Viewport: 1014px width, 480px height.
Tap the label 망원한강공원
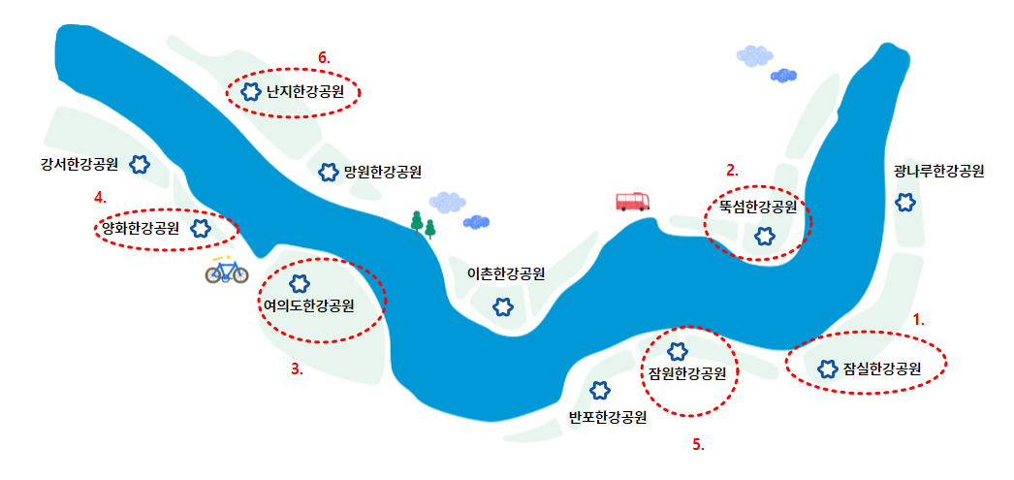[x=382, y=173]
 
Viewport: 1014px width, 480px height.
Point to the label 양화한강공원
[x=141, y=229]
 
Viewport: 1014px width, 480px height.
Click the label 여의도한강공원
[x=308, y=306]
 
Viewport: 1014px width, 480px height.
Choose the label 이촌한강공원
[x=506, y=274]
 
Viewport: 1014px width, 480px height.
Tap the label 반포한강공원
[x=607, y=418]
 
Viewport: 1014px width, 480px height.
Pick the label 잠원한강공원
[x=687, y=372]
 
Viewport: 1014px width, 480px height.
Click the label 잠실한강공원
[x=881, y=368]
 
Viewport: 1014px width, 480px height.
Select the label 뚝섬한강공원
[x=757, y=207]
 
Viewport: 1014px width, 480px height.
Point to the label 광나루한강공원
[x=938, y=172]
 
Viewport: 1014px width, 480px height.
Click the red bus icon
[x=633, y=201]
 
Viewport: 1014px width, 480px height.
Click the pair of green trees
[x=423, y=224]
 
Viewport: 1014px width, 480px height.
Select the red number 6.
[x=324, y=57]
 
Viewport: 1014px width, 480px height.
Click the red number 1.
[x=919, y=317]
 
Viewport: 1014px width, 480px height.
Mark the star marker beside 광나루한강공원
[x=904, y=202]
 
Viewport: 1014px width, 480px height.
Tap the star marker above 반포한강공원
[x=600, y=390]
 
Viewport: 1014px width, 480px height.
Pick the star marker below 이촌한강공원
[x=502, y=306]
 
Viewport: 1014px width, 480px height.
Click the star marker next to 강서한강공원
[x=140, y=164]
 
